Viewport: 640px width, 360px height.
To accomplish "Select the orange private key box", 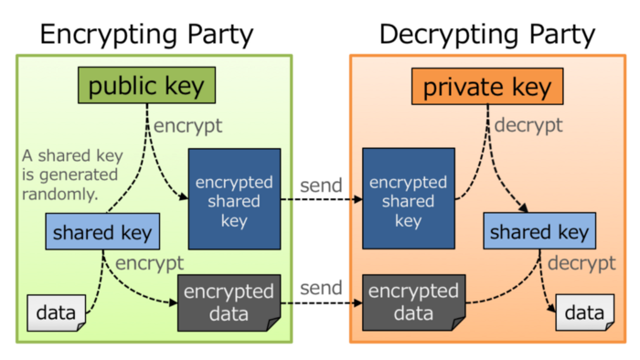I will coord(486,87).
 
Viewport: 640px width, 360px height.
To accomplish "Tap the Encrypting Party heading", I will coord(146,35).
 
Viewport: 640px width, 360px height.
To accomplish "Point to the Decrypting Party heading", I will coord(487,35).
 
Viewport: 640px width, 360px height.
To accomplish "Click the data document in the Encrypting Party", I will coord(56,314).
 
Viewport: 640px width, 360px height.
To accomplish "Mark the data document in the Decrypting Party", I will coord(583,314).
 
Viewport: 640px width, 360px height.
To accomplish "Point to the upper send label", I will coord(321,185).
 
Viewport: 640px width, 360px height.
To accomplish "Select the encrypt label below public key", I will coord(187,124).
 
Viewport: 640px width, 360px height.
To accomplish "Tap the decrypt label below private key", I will coord(529,124).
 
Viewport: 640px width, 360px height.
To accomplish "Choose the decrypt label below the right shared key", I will coord(582,263).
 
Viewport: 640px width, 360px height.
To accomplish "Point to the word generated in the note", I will coord(80,174).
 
